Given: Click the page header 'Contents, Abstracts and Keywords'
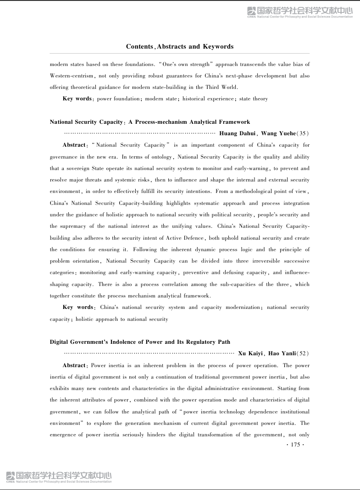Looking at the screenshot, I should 180,46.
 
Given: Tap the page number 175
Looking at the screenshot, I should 295,445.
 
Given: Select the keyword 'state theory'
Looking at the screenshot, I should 254,99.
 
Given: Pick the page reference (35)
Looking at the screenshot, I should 303,133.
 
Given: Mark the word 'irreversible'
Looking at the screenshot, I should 247,261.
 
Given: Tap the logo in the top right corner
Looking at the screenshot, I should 300,12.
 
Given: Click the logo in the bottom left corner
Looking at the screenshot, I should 59,477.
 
